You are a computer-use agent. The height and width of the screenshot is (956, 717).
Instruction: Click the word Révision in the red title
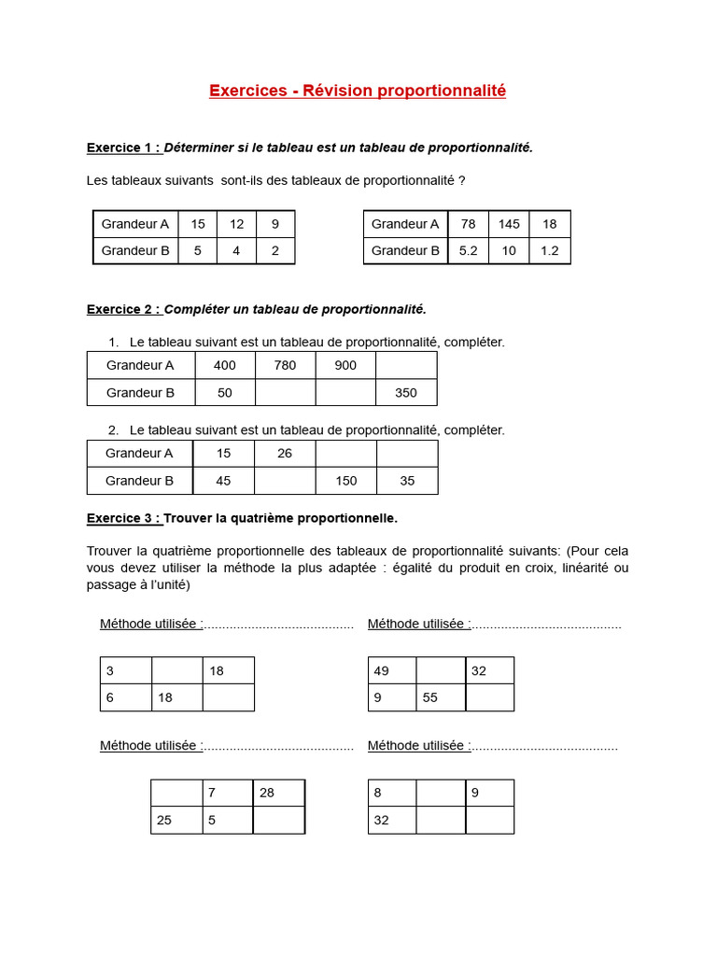pyautogui.click(x=337, y=91)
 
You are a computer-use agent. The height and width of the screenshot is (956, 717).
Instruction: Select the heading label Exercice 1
pyautogui.click(x=123, y=148)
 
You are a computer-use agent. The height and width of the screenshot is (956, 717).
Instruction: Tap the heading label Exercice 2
pyautogui.click(x=123, y=309)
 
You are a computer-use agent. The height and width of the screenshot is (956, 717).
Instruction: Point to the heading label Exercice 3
pyautogui.click(x=123, y=518)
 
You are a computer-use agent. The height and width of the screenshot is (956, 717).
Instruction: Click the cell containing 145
pyautogui.click(x=509, y=224)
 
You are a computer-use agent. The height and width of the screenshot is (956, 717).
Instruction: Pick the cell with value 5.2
pyautogui.click(x=469, y=250)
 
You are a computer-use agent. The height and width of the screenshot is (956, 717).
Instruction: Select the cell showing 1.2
pyautogui.click(x=550, y=250)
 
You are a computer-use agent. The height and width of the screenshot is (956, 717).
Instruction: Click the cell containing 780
pyautogui.click(x=285, y=365)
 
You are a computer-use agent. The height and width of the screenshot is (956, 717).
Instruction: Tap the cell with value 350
pyautogui.click(x=406, y=393)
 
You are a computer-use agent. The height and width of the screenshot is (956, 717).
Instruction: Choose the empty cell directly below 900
pyautogui.click(x=345, y=393)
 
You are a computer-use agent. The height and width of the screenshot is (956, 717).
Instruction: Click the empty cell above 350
pyautogui.click(x=406, y=365)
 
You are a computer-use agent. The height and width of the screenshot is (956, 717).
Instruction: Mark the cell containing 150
pyautogui.click(x=346, y=481)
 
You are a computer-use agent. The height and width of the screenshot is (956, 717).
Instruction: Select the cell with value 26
pyautogui.click(x=285, y=454)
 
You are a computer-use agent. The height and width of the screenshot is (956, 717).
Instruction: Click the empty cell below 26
pyautogui.click(x=285, y=481)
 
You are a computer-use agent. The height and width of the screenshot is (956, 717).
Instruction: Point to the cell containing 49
pyautogui.click(x=392, y=670)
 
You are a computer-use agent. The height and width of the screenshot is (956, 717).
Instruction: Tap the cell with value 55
pyautogui.click(x=441, y=697)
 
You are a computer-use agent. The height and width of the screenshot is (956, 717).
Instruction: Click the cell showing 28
pyautogui.click(x=278, y=793)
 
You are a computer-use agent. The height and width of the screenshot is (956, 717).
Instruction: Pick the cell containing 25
pyautogui.click(x=176, y=821)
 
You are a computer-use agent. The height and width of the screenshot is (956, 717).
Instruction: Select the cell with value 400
pyautogui.click(x=225, y=365)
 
